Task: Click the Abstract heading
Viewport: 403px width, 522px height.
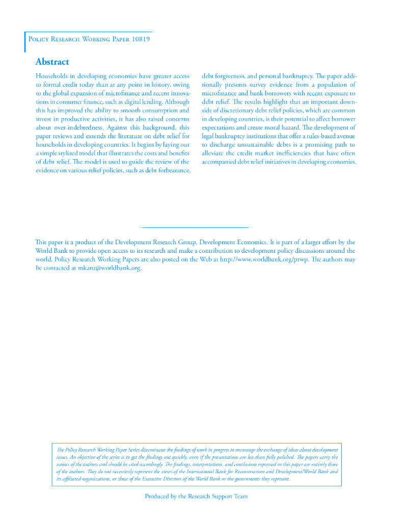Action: (52, 62)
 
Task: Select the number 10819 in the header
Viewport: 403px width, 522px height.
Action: (140, 39)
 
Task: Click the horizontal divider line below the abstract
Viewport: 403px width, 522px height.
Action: (195, 227)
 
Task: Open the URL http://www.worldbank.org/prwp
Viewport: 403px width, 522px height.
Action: (264, 259)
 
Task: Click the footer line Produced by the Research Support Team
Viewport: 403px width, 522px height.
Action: (196, 496)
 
